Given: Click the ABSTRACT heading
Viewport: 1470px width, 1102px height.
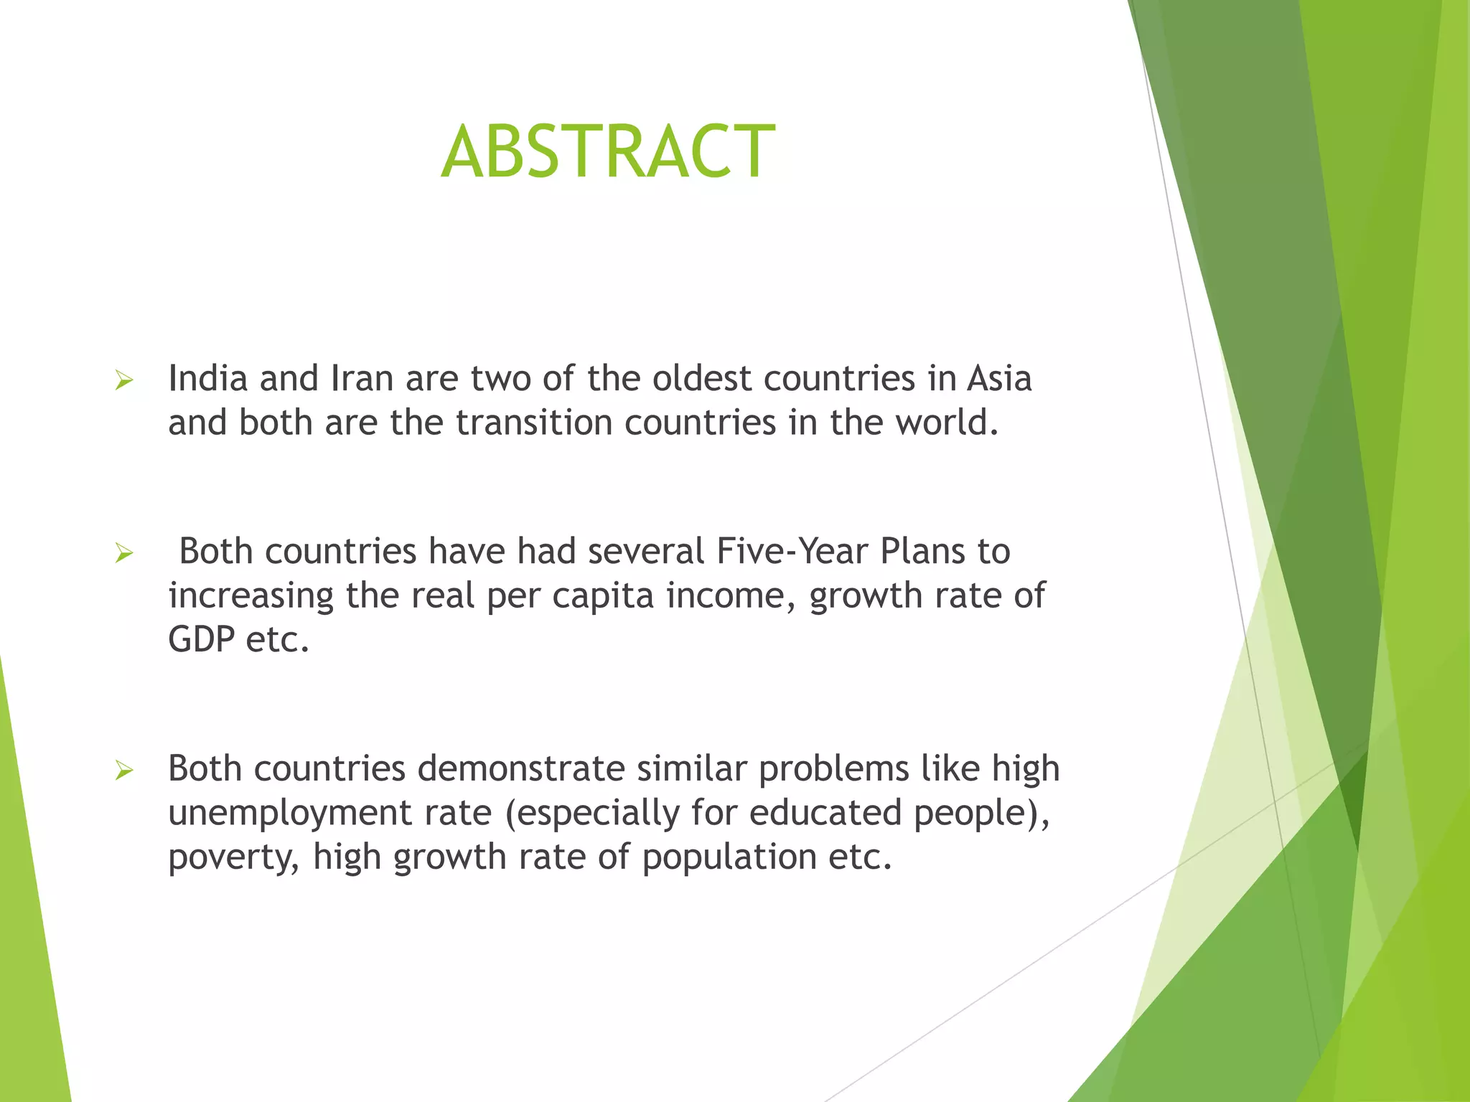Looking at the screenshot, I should (608, 151).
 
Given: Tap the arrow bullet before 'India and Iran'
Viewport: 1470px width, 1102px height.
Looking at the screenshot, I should (124, 381).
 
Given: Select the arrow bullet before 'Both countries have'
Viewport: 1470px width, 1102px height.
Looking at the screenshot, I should (124, 554).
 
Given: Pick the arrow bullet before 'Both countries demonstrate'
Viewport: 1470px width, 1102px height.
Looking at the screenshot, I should (124, 771).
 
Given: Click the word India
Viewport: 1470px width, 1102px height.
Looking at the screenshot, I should (207, 378).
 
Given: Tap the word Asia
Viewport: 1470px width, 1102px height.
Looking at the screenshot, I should (999, 378).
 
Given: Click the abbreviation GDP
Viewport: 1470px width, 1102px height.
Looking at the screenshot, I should (201, 639).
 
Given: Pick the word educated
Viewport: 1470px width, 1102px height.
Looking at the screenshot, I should (825, 813).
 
